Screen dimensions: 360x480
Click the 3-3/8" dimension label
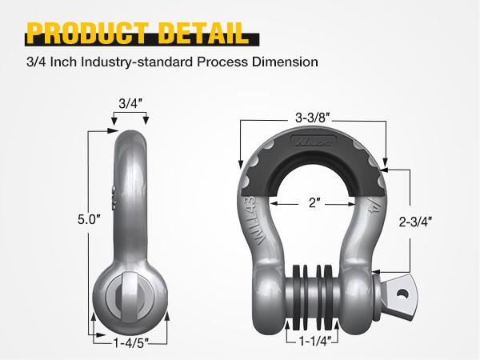click(313, 117)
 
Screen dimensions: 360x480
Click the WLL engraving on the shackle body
click(250, 216)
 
